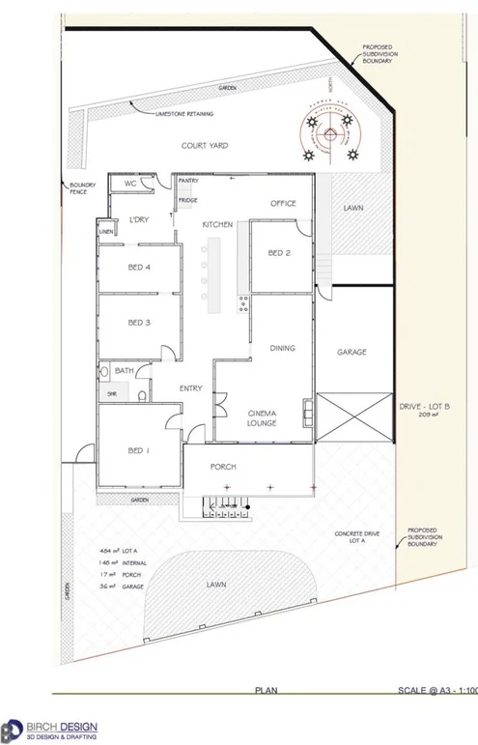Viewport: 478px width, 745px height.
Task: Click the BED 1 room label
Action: (x=139, y=451)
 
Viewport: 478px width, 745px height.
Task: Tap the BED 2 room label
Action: (x=279, y=253)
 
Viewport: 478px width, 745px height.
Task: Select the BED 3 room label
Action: (x=139, y=323)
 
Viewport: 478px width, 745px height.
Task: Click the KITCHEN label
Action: (x=218, y=224)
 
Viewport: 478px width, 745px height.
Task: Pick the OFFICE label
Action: (x=283, y=204)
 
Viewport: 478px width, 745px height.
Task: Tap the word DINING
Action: (x=282, y=348)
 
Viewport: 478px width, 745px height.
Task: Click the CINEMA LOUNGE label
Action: (x=263, y=416)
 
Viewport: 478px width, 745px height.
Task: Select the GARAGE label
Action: (x=351, y=353)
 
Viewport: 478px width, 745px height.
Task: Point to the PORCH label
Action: (x=223, y=467)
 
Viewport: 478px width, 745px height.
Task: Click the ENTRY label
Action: (x=190, y=388)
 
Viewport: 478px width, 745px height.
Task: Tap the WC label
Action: (x=130, y=184)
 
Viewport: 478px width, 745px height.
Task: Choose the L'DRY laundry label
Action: (x=137, y=220)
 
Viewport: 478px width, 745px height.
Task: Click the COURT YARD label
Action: (x=204, y=146)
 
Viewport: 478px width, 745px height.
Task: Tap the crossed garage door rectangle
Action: (x=353, y=417)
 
